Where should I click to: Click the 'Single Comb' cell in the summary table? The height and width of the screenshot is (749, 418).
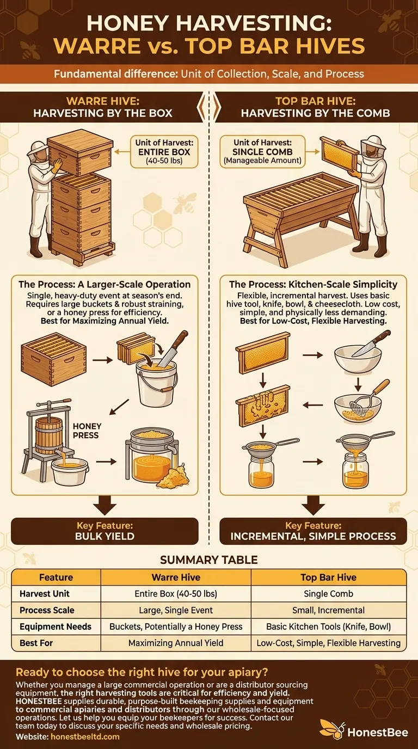(328, 593)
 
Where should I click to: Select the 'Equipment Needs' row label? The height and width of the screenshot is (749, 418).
(56, 626)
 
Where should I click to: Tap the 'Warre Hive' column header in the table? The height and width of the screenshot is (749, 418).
(176, 577)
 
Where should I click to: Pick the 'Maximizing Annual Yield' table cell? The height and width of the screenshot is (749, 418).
(176, 643)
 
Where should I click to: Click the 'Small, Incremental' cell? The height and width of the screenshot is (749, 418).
(328, 610)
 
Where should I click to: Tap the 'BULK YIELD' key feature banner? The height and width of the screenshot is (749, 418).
(104, 531)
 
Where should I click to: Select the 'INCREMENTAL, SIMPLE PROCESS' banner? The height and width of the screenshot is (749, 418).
(313, 531)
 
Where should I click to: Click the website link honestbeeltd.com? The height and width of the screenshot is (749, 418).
(85, 736)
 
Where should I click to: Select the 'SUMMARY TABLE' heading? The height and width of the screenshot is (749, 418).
(208, 560)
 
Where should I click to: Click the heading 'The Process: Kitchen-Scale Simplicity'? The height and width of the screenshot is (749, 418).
(313, 284)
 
